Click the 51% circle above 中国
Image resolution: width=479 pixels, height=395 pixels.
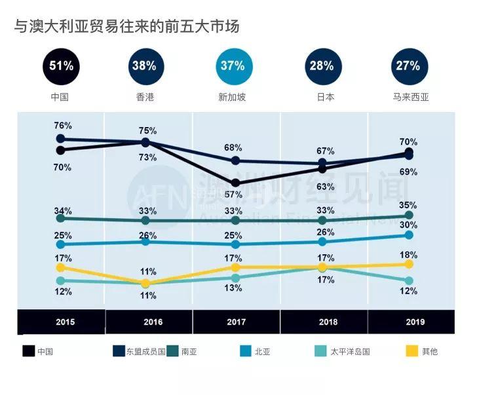[x=62, y=66]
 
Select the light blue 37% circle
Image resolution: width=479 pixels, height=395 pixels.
[x=233, y=66]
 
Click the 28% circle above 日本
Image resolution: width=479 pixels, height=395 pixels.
[x=322, y=66]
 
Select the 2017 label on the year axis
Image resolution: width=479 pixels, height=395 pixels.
[x=236, y=322]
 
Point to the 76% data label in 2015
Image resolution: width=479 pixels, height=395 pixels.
[x=63, y=125]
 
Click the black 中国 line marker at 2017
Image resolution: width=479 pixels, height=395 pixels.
[x=236, y=183]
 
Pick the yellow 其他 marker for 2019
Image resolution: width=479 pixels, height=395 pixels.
[x=410, y=264]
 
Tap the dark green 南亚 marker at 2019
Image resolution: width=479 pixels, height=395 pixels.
[x=410, y=216]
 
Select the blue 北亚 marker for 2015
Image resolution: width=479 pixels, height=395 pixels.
[x=61, y=244]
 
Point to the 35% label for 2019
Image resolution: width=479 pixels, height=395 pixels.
[x=408, y=205]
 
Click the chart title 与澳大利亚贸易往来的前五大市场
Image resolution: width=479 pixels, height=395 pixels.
[x=127, y=27]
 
